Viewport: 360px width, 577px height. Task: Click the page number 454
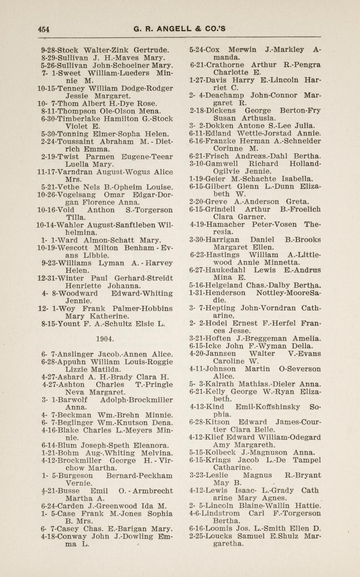point(44,29)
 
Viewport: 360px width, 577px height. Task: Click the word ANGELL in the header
point(171,29)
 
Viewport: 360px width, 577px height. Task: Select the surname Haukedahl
point(227,270)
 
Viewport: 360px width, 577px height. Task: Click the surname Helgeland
point(225,285)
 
